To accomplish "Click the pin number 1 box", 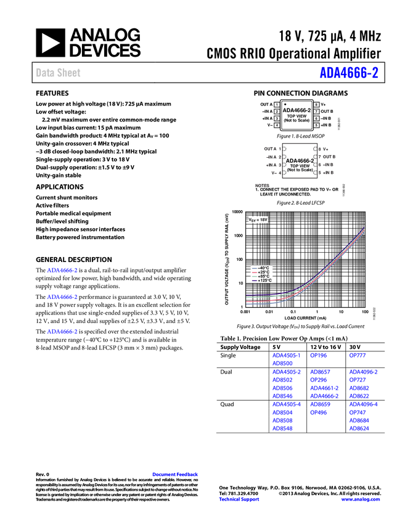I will coord(277,105).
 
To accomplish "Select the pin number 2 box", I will coord(277,112).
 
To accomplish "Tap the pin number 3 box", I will coord(277,118).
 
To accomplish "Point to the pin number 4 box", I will coord(277,125).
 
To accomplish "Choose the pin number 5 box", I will coord(316,125).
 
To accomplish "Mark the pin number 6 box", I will coord(316,118).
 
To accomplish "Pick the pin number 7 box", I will coord(316,112).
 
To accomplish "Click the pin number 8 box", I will coord(316,105).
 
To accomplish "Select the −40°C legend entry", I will coord(262,268).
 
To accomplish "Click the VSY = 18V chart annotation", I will coord(258,219).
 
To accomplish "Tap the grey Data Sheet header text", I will coord(59,73).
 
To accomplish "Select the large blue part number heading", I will coord(348,73).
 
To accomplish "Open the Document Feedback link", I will coord(176,474).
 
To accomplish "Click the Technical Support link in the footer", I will coord(239,499).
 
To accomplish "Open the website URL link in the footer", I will coord(360,499).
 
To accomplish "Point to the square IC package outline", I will coord(300,161).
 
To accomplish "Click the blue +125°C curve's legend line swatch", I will coord(254,280).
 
